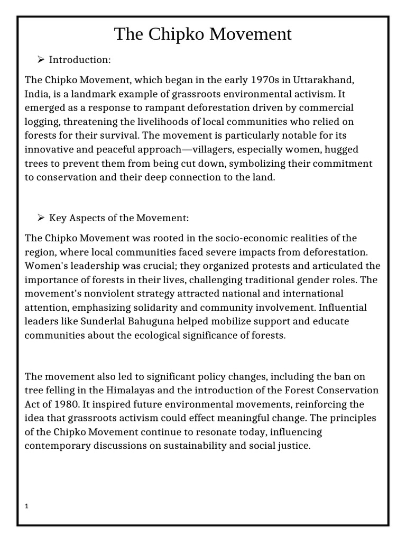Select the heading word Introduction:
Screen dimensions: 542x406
[x=80, y=60]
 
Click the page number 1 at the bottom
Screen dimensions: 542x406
[x=27, y=506]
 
